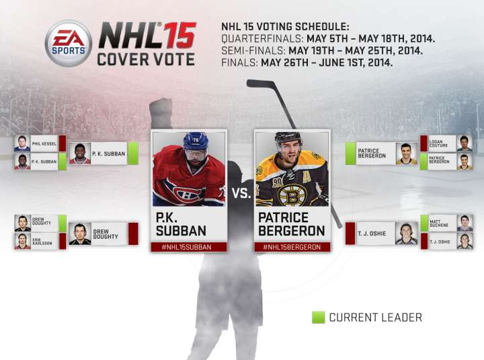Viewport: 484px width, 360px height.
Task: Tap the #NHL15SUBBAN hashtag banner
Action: coord(190,246)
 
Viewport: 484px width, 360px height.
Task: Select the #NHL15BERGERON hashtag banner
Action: coord(292,246)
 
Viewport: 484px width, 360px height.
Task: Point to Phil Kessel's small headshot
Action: coord(23,143)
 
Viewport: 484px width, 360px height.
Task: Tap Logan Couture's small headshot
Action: coord(464,143)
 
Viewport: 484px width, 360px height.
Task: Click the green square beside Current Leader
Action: coord(318,317)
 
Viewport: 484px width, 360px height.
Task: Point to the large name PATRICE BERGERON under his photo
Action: coord(292,224)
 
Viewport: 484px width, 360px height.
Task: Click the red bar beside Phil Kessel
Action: coord(63,143)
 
